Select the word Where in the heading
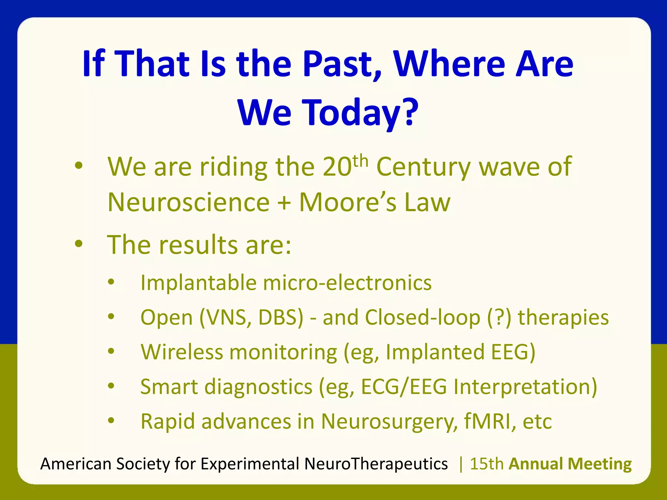coord(448,64)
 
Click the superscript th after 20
coord(360,161)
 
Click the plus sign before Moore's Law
coord(284,203)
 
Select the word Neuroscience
coord(189,202)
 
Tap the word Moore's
coord(348,202)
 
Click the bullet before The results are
coord(78,244)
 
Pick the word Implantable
coord(198,283)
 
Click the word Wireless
coord(181,352)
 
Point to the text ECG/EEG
coord(404,387)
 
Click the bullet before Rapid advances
coord(111,420)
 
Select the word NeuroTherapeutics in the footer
coord(376,464)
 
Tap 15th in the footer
coord(487,464)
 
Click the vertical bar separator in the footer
coord(461,464)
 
